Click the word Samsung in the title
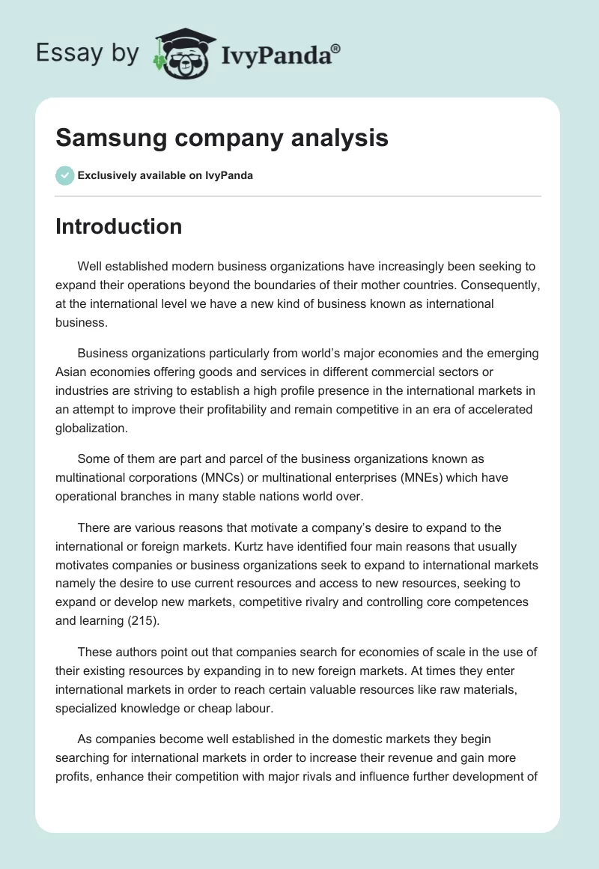tap(106, 137)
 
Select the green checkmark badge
tap(64, 175)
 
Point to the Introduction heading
tap(118, 226)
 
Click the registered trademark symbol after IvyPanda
tap(336, 49)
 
